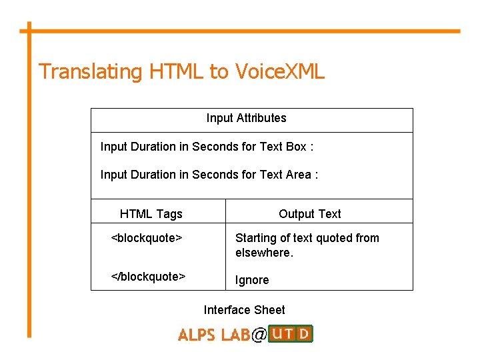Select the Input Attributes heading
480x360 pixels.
[246, 118]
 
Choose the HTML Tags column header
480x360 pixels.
[151, 214]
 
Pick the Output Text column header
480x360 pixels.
[309, 214]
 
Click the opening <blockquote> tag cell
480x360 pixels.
[147, 238]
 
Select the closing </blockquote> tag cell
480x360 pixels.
[148, 277]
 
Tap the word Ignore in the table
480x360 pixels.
[252, 280]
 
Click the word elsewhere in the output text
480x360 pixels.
[264, 253]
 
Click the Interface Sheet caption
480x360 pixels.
[244, 310]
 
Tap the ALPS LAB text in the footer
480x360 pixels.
[213, 335]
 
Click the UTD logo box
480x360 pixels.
[290, 333]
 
